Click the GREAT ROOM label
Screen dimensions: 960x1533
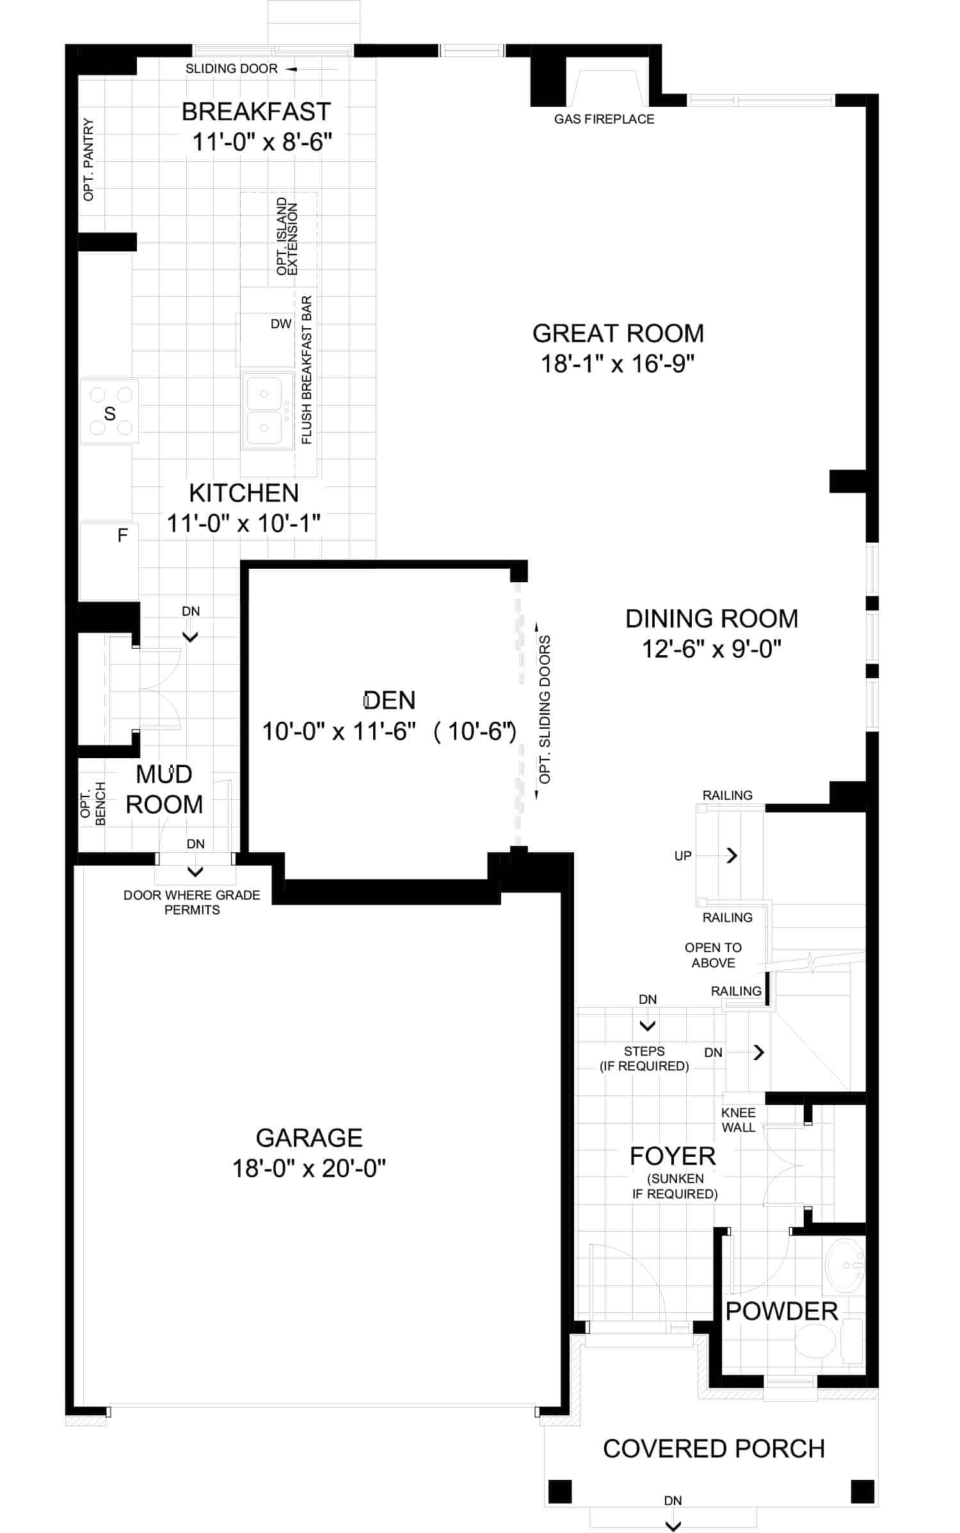(618, 333)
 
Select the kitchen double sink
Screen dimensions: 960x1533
(264, 409)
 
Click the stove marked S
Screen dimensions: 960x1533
(109, 411)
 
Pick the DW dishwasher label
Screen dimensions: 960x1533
(281, 324)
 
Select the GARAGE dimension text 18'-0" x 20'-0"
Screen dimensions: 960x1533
(309, 1168)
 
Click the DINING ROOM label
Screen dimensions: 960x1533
(712, 619)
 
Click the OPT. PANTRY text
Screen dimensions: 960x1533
(88, 159)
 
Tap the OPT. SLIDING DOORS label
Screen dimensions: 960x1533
(545, 710)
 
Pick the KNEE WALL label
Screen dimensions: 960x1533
(739, 1120)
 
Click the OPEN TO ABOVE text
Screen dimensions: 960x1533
(713, 955)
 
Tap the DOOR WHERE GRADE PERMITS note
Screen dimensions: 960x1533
(192, 902)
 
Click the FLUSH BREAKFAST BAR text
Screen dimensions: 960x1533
(307, 370)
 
